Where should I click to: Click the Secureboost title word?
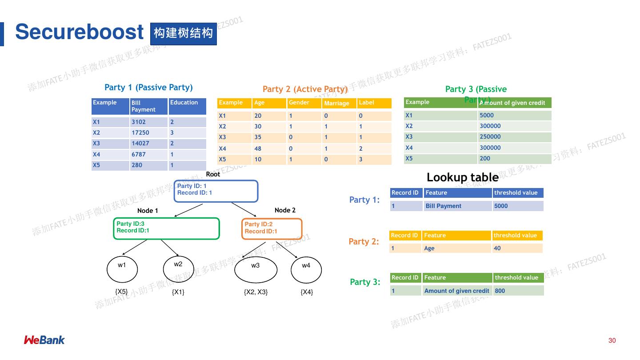pyautogui.click(x=79, y=32)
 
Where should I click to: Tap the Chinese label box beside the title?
pyautogui.click(x=183, y=34)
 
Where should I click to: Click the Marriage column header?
pyautogui.click(x=339, y=103)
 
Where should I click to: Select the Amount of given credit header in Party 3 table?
pyautogui.click(x=514, y=103)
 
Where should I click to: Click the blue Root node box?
pyautogui.click(x=216, y=191)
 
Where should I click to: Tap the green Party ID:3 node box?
pyautogui.click(x=166, y=229)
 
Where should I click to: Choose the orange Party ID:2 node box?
pyautogui.click(x=272, y=229)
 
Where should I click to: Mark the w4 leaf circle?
pyautogui.click(x=306, y=269)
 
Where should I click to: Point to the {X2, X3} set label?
pyautogui.click(x=256, y=292)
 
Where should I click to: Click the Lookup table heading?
pyautogui.click(x=462, y=177)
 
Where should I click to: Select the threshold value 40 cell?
pyautogui.click(x=517, y=248)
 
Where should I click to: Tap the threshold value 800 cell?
pyautogui.click(x=518, y=291)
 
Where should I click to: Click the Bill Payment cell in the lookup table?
pyautogui.click(x=458, y=206)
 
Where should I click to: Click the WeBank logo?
pyautogui.click(x=44, y=340)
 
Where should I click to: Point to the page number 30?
pyautogui.click(x=612, y=340)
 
